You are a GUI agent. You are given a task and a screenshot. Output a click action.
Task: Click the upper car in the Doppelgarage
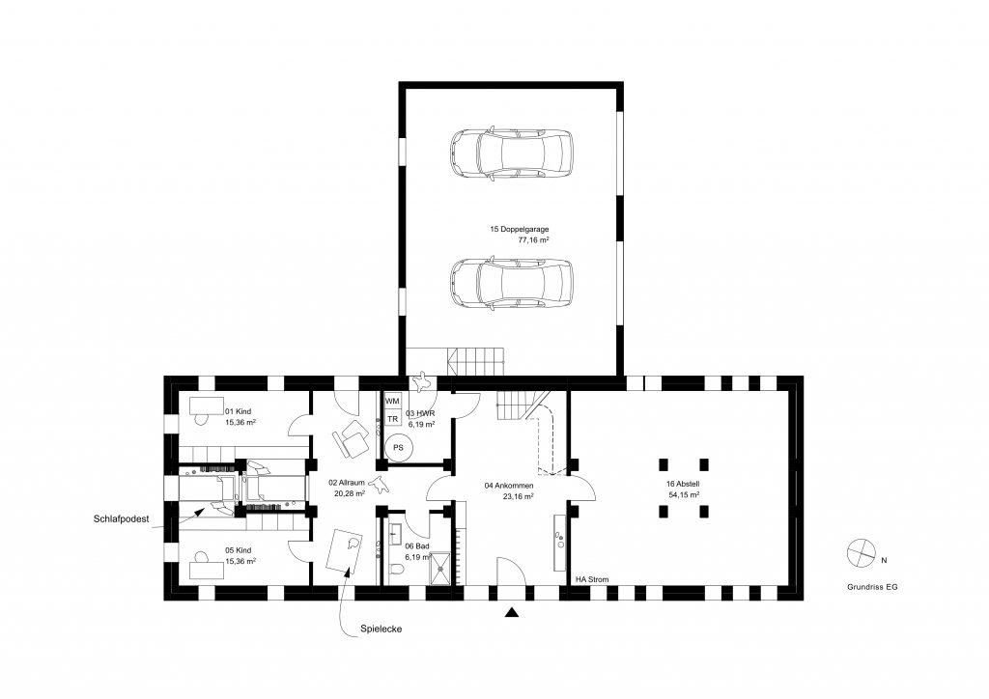[512, 154]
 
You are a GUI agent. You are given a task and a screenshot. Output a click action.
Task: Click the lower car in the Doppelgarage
[512, 283]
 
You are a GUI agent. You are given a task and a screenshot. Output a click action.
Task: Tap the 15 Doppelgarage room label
[519, 230]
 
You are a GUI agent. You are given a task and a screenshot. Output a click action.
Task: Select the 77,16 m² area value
[533, 240]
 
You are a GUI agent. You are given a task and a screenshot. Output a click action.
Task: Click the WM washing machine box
[392, 401]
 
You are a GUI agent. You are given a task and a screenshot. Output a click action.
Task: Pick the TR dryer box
[392, 418]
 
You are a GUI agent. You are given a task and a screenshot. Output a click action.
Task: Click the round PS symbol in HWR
[398, 448]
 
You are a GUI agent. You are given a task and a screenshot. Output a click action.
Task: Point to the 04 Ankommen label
[509, 486]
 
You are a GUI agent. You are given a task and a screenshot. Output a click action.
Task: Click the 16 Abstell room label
[683, 484]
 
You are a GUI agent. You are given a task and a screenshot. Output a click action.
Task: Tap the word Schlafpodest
[121, 518]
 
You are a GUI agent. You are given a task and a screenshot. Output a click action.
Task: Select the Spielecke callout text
[381, 629]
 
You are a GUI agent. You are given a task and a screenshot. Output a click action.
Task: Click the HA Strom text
[592, 579]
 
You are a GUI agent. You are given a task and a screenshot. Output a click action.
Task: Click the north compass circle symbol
[862, 553]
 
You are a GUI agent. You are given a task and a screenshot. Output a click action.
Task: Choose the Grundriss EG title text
[872, 587]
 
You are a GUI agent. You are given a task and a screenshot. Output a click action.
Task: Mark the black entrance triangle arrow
[512, 611]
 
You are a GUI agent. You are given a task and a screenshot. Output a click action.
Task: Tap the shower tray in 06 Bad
[440, 568]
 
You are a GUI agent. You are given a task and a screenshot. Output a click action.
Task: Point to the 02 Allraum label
[347, 483]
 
